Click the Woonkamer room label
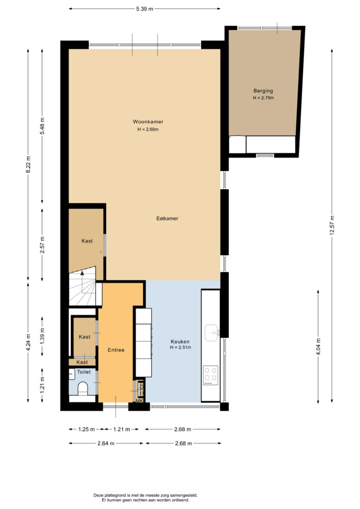click(x=148, y=122)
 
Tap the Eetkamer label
click(x=167, y=218)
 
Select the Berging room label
click(x=263, y=91)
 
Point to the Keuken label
click(x=180, y=342)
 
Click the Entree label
click(x=116, y=350)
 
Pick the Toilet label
click(x=84, y=372)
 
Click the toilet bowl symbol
click(x=83, y=389)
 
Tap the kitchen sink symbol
click(x=212, y=333)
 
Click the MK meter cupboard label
click(x=139, y=401)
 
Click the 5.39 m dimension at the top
click(x=144, y=9)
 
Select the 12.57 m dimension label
click(x=332, y=225)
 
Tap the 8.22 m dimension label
click(x=28, y=165)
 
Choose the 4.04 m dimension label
click(x=318, y=347)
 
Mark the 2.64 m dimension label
click(x=106, y=443)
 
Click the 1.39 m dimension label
click(x=42, y=337)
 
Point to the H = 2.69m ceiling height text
click(x=148, y=129)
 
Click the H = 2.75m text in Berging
click(x=263, y=97)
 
